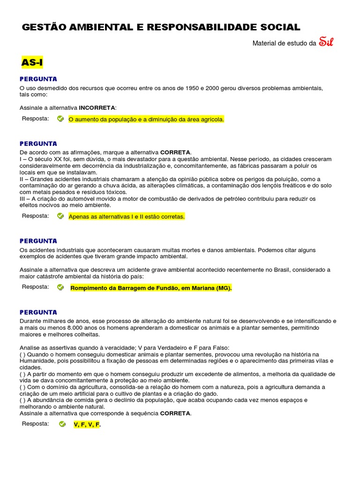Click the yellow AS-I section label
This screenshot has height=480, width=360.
tap(32, 62)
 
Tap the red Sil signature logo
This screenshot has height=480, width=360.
tap(326, 42)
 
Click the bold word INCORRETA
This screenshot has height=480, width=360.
tap(97, 108)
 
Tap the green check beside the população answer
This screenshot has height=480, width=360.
tap(60, 119)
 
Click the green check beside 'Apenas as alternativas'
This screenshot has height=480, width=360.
tap(60, 216)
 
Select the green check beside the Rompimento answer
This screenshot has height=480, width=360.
tap(60, 287)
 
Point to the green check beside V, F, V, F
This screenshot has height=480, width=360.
tap(62, 424)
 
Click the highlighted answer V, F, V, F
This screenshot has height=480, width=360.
tap(87, 425)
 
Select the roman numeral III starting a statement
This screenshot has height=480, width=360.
tap(23, 199)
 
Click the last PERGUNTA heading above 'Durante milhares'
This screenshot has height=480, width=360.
tap(38, 312)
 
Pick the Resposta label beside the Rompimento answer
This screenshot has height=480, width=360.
tap(35, 287)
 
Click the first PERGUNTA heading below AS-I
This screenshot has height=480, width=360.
tap(38, 79)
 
